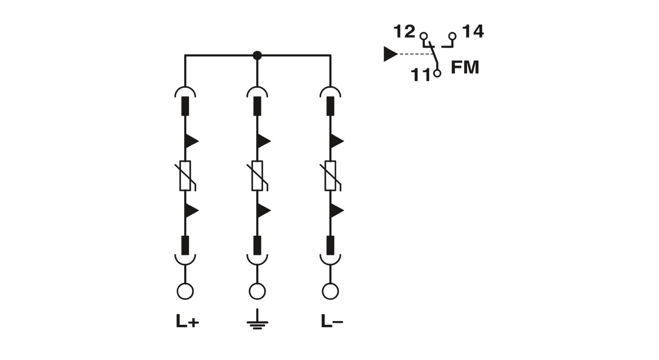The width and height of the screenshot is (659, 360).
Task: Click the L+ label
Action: [x=188, y=321]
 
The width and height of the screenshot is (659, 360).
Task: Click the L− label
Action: [x=332, y=321]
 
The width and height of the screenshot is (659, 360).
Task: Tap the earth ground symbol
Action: [x=257, y=319]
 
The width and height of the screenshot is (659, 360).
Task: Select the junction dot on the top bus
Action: [x=257, y=55]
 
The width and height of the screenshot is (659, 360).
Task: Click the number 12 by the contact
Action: [x=404, y=32]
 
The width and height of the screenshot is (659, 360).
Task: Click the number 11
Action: [x=421, y=75]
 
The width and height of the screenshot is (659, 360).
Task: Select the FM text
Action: [x=465, y=67]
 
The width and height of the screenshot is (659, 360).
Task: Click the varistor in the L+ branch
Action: [x=185, y=176]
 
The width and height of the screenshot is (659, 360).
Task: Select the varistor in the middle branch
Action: [x=257, y=176]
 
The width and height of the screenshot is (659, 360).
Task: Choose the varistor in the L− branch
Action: [x=330, y=176]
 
